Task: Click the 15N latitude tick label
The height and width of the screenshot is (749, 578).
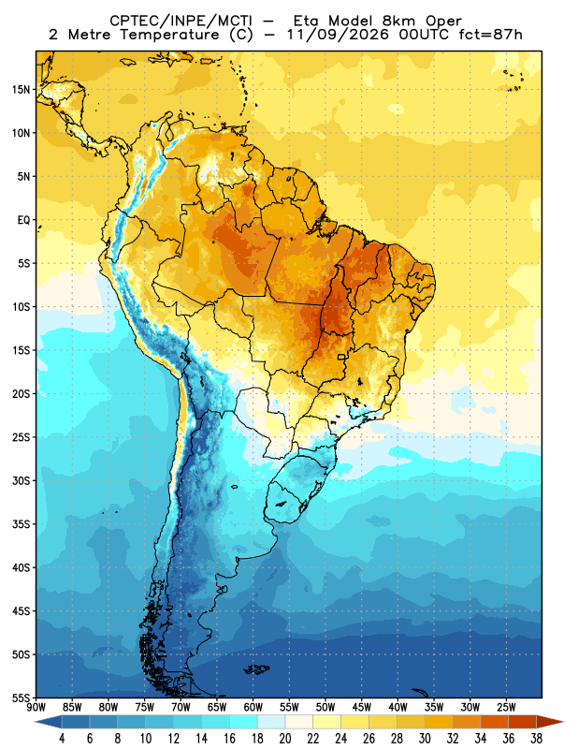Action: tap(21, 89)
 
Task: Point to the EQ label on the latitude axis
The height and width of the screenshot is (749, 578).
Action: tap(24, 220)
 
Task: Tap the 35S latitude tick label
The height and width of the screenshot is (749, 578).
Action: tap(21, 524)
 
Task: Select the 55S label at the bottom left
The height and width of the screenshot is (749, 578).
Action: tap(21, 698)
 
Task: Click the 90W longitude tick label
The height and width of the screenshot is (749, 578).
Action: tap(36, 707)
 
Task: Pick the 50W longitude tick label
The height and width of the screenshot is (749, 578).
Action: tap(325, 707)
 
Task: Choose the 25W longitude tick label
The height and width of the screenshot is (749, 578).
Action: tap(506, 707)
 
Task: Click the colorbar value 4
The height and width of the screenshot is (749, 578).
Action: tap(62, 739)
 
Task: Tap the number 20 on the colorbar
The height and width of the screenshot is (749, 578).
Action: tap(285, 739)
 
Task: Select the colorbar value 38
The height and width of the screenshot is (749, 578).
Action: tap(536, 739)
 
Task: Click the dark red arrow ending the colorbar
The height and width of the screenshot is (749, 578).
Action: tap(550, 722)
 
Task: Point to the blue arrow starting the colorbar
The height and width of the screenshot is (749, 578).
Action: tap(49, 722)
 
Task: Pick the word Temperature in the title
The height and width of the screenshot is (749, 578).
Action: tap(169, 35)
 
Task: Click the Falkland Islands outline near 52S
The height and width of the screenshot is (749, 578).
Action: tap(256, 669)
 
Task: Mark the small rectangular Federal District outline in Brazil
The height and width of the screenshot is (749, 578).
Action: tap(341, 357)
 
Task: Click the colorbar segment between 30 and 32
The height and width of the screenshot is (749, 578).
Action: tap(439, 722)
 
